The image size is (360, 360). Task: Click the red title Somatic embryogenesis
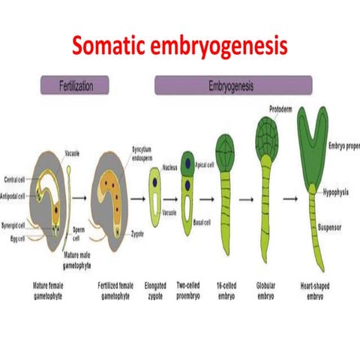(x=179, y=46)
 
